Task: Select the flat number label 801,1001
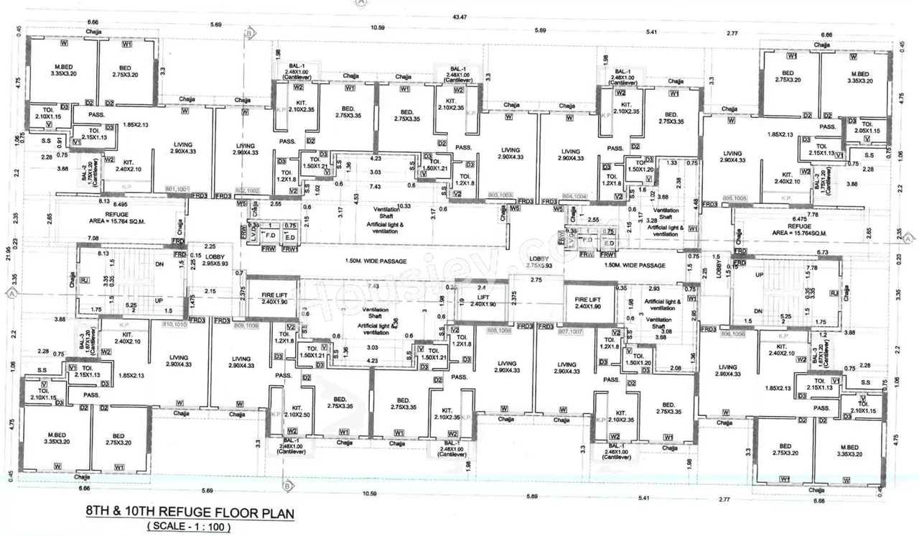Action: (x=175, y=190)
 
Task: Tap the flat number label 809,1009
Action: (x=246, y=325)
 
